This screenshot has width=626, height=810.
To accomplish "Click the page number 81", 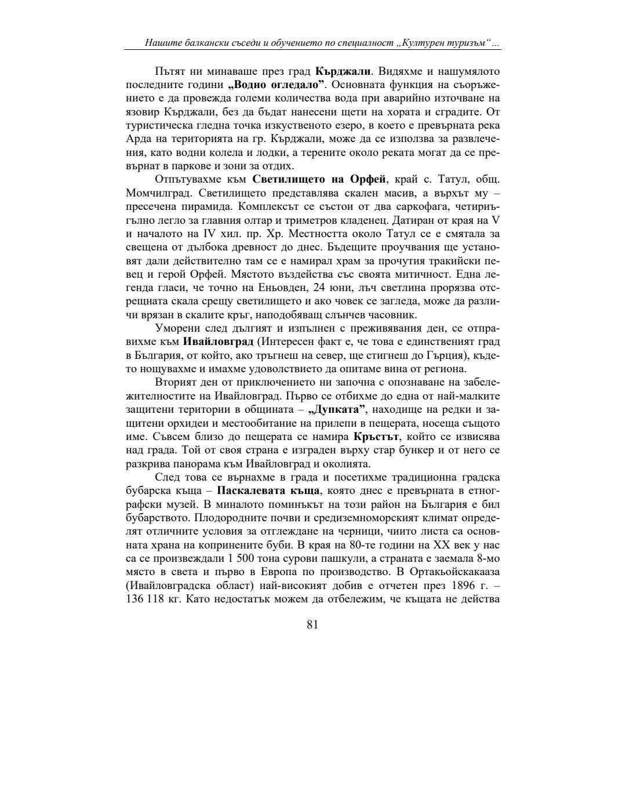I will click(312, 624).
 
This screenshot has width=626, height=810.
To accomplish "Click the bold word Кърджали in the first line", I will click(343, 72).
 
